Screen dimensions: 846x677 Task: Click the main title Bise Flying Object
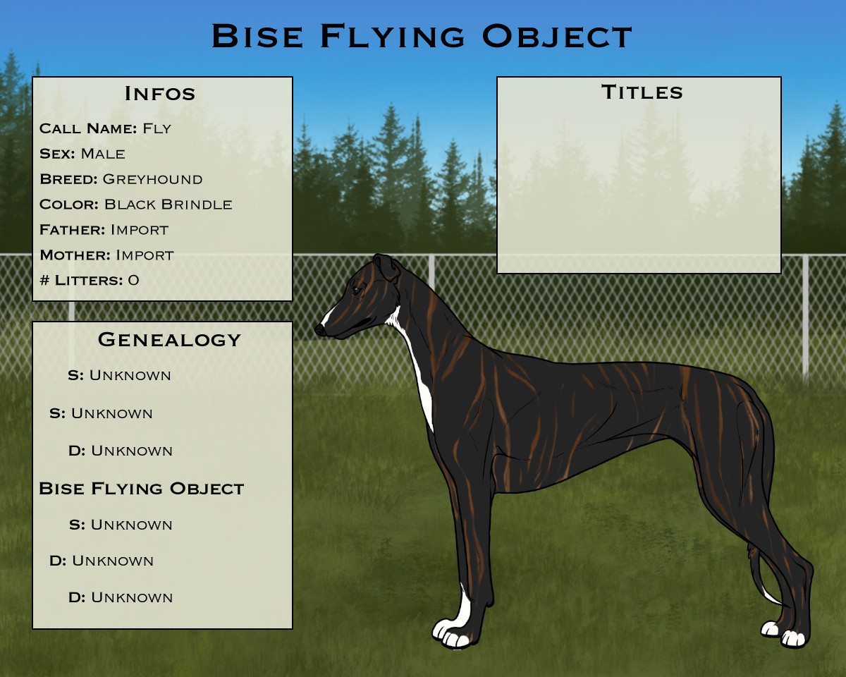point(422,36)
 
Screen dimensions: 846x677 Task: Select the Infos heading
point(160,94)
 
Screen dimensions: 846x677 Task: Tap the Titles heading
point(642,92)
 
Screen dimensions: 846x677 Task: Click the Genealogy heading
point(169,339)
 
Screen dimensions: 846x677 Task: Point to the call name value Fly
point(157,128)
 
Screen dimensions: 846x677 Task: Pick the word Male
point(103,154)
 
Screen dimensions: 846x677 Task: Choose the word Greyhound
point(152,179)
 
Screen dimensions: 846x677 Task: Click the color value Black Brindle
point(168,205)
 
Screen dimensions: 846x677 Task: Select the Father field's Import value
point(140,230)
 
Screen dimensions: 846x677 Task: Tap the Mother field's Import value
point(145,255)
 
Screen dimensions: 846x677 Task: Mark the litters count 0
point(133,281)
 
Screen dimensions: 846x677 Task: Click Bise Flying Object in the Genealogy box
point(141,489)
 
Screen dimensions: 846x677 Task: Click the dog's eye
point(356,291)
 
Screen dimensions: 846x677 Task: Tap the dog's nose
point(319,330)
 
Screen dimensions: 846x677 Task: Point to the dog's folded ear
point(387,267)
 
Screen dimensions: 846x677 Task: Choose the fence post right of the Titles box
point(805,315)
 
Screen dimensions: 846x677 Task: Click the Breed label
point(68,179)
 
